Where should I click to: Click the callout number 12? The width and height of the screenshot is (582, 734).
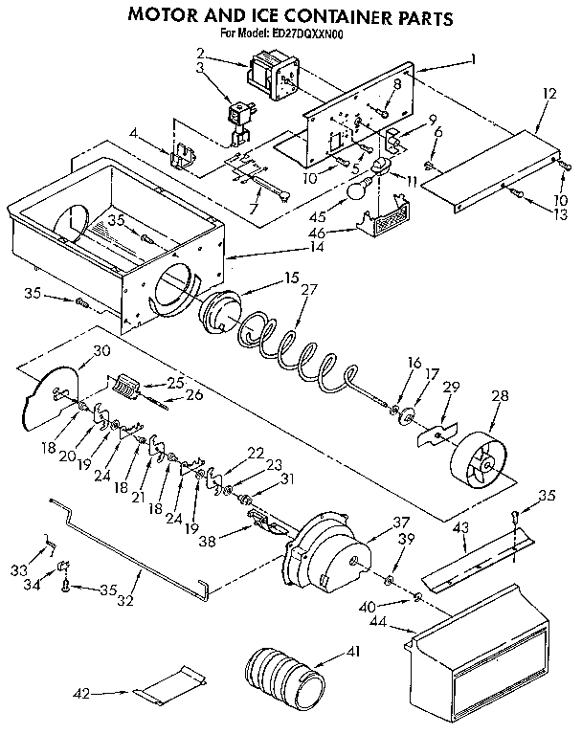click(x=548, y=96)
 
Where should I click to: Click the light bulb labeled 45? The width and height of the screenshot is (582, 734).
click(x=358, y=192)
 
